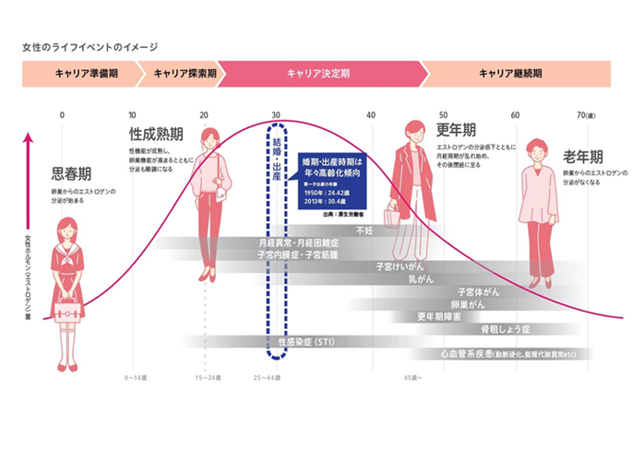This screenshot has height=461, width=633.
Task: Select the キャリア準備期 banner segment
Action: [x=78, y=73]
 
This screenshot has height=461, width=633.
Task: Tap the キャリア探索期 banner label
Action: [x=185, y=73]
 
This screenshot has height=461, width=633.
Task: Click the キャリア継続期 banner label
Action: [x=510, y=73]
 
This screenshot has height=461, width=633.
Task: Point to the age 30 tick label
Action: [x=276, y=114]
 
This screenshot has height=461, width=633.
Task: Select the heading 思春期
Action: [x=72, y=172]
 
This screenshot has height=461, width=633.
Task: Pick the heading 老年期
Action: [x=584, y=156]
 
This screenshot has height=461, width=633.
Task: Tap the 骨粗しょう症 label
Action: [x=501, y=328]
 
